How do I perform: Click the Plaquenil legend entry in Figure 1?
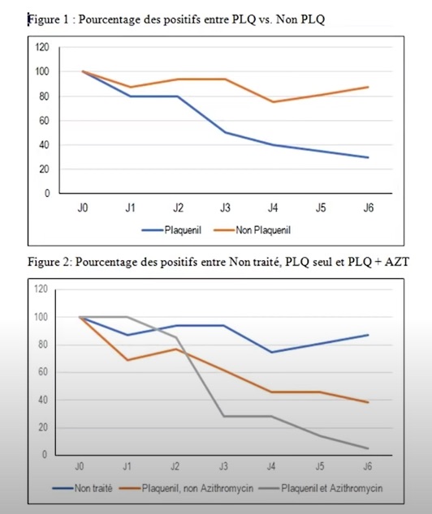click(x=171, y=230)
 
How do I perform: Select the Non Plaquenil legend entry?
click(x=252, y=230)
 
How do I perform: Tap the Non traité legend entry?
click(x=82, y=488)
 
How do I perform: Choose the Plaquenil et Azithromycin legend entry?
click(x=321, y=488)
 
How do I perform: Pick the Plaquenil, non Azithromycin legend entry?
click(x=186, y=488)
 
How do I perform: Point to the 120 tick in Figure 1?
click(x=42, y=47)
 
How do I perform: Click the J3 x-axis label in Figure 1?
click(x=225, y=208)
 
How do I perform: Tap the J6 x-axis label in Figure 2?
click(x=368, y=466)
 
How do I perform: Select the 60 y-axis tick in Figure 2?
click(x=43, y=372)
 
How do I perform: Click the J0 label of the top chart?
click(x=83, y=208)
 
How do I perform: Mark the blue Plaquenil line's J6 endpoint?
click(x=368, y=157)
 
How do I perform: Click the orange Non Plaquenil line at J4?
click(x=273, y=101)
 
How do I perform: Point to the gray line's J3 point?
click(x=224, y=417)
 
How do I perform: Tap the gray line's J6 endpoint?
click(x=368, y=448)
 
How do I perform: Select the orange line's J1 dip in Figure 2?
click(x=127, y=360)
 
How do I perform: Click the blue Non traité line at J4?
click(x=271, y=353)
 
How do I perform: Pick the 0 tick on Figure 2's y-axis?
click(x=45, y=455)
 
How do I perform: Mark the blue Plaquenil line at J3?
click(x=226, y=132)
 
